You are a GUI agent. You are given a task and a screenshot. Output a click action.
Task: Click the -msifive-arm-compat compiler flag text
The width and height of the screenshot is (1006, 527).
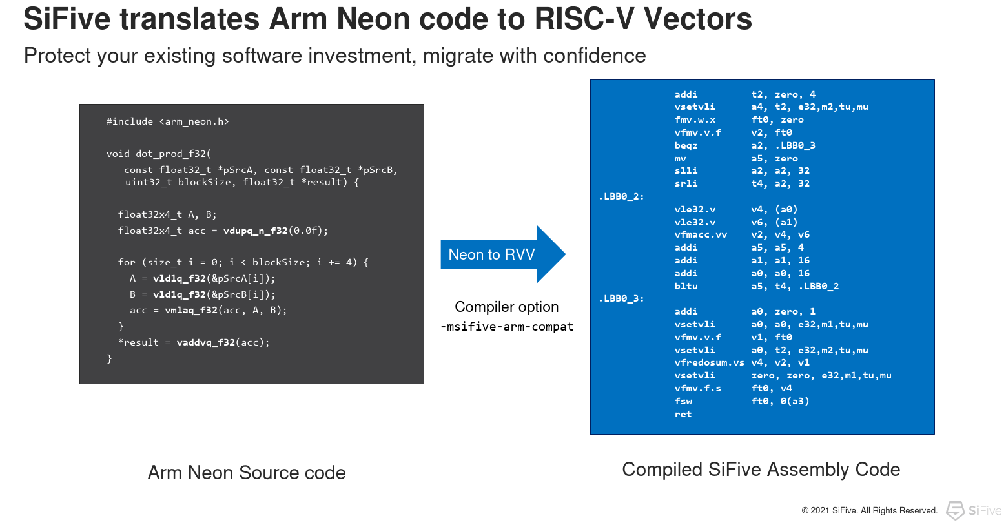507,327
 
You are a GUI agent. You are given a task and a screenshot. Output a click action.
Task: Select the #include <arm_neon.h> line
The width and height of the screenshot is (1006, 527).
168,121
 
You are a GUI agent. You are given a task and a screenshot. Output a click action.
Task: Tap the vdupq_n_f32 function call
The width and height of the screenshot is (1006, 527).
255,231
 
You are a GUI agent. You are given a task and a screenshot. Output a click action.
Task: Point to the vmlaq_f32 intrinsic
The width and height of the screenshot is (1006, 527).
191,310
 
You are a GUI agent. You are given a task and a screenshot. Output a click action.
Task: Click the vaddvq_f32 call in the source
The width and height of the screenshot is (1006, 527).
206,342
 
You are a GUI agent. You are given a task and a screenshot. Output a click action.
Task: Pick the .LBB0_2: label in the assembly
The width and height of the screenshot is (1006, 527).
621,196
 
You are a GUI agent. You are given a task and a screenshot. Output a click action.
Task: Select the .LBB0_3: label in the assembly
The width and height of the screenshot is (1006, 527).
621,298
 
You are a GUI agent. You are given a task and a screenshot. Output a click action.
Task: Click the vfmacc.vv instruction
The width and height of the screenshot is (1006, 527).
701,235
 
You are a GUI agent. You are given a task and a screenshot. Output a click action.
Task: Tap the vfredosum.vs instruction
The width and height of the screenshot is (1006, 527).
709,363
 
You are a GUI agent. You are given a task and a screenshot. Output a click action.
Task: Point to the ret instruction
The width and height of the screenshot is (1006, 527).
683,414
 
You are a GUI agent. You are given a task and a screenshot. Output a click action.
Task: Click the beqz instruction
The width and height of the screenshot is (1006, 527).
686,145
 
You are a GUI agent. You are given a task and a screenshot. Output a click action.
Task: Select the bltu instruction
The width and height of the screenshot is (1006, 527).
686,286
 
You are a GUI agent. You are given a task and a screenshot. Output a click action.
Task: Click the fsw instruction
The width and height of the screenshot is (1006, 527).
683,401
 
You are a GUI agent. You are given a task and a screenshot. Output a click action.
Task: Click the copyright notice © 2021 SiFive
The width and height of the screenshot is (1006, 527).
869,511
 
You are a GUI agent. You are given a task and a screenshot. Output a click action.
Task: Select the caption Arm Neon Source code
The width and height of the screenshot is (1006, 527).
247,473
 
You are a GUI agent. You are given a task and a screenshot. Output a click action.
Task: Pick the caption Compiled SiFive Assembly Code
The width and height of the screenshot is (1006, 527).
761,470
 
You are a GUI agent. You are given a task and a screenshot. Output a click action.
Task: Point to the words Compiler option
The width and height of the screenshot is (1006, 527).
507,307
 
